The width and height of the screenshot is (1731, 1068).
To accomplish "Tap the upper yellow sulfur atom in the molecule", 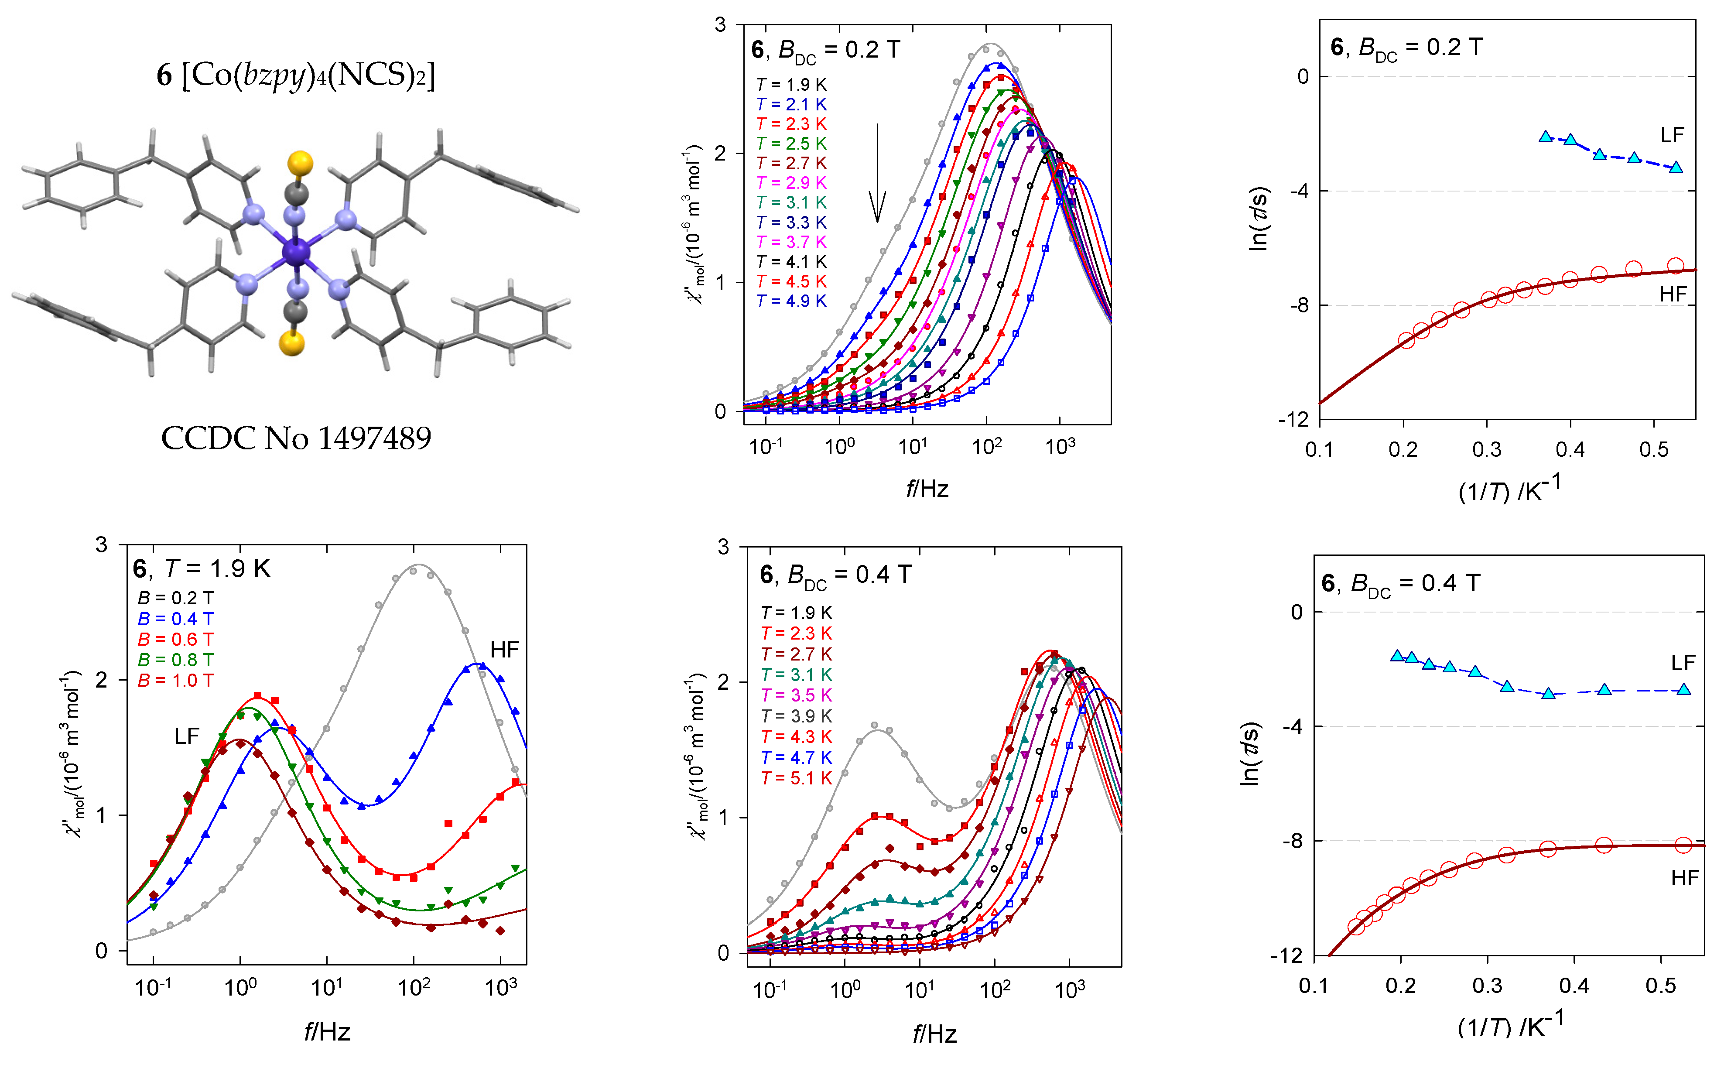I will [300, 162].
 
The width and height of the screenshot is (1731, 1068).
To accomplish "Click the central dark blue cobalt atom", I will [296, 251].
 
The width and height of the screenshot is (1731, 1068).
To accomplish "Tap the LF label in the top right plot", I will [1672, 135].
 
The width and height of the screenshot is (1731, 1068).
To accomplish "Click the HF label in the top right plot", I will [1673, 294].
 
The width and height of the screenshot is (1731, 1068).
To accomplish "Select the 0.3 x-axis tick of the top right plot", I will [1487, 450].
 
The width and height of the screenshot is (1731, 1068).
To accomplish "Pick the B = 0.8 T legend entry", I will [175, 660].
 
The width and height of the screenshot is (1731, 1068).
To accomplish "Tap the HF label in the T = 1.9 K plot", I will [504, 650].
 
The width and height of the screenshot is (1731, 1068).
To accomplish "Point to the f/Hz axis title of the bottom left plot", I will [327, 1032].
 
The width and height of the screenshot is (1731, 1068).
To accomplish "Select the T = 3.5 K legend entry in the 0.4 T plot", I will [796, 695].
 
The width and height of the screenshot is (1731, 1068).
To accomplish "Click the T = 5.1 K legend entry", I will [796, 778].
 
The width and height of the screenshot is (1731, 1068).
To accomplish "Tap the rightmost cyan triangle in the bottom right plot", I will [1684, 689].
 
